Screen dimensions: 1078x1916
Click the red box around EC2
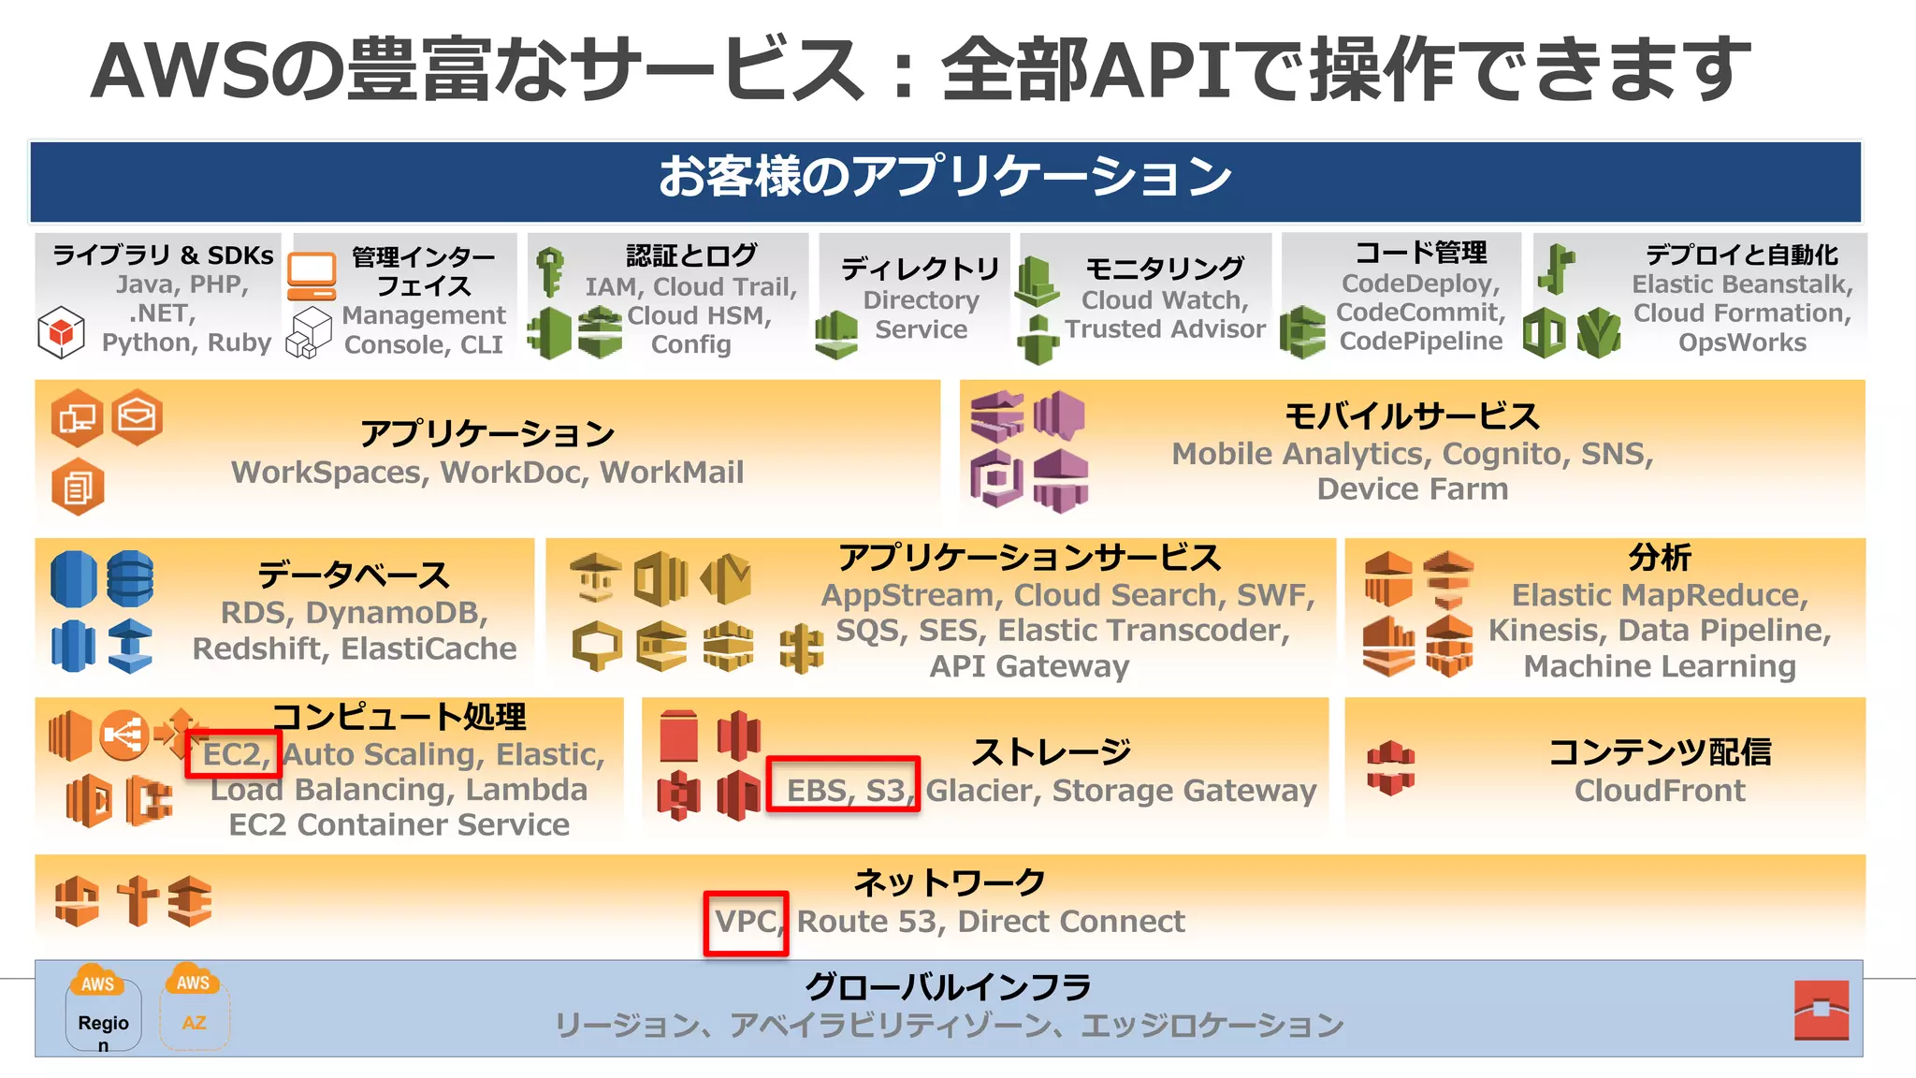(233, 753)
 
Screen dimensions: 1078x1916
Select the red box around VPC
(746, 923)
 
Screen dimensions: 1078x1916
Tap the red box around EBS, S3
(843, 784)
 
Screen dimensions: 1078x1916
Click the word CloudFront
(1659, 791)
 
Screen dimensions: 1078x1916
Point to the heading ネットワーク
(949, 882)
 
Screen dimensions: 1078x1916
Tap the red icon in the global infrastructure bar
(1821, 1010)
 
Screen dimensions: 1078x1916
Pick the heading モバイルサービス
(1412, 416)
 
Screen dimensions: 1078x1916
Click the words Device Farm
(1412, 489)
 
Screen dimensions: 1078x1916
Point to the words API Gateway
(1029, 666)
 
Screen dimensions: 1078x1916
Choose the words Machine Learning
(1659, 666)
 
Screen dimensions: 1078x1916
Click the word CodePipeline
(1420, 342)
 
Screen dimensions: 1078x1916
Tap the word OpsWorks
(1741, 342)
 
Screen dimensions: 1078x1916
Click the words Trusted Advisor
(1165, 329)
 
